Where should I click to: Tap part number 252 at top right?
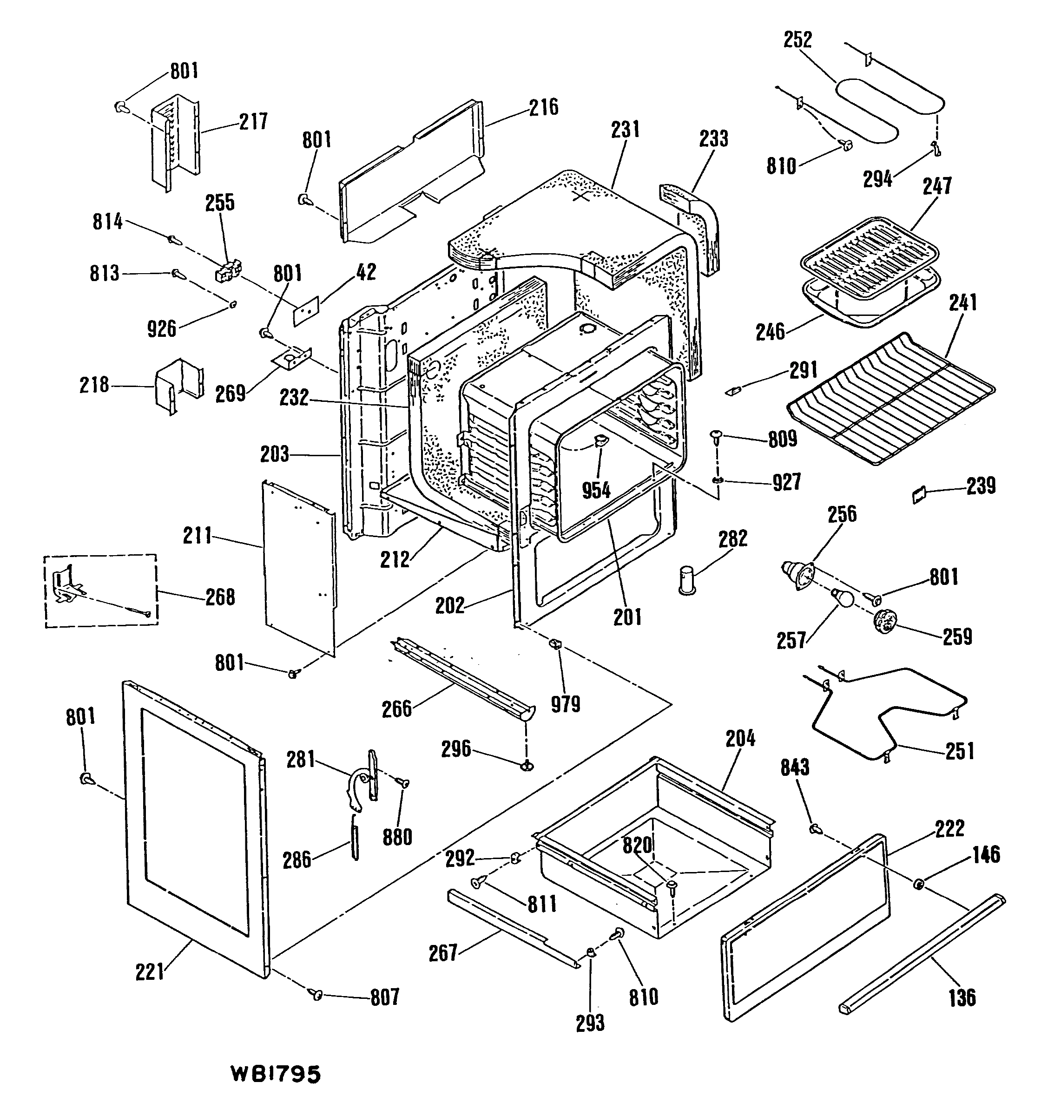click(x=797, y=40)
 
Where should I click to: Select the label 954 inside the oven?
click(x=596, y=490)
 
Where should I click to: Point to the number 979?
click(x=565, y=704)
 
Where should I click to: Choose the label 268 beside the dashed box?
click(x=219, y=597)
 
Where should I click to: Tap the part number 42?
click(x=365, y=272)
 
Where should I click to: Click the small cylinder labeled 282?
click(x=687, y=579)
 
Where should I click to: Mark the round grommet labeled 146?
click(x=919, y=884)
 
